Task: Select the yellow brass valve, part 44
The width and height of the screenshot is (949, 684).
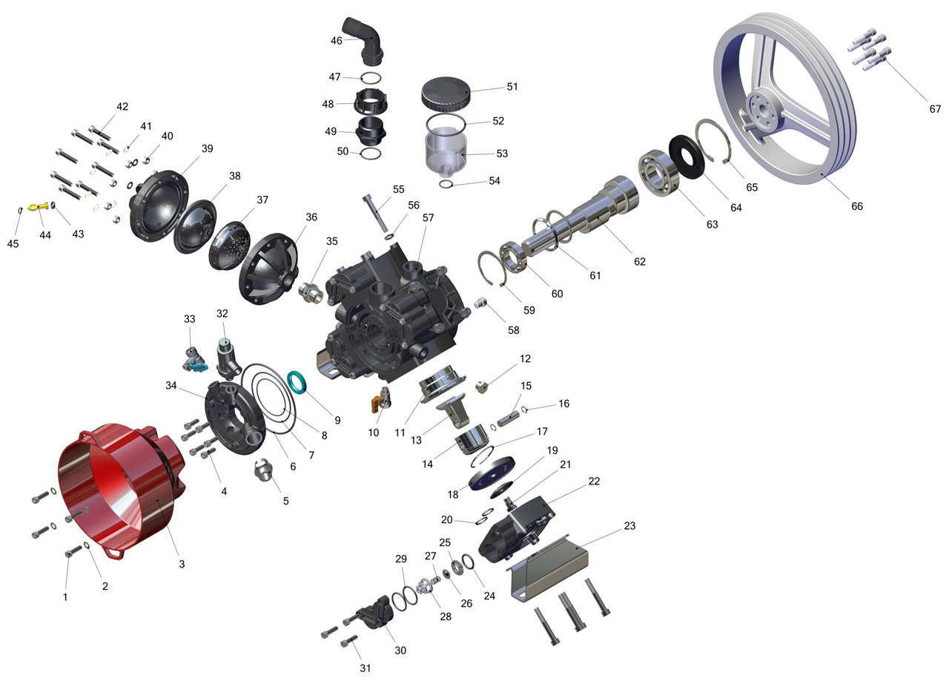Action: pos(39,207)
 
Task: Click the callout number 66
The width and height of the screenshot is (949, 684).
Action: pos(856,206)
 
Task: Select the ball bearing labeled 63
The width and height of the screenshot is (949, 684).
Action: pos(659,174)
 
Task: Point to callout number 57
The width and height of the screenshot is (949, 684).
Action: pos(428,218)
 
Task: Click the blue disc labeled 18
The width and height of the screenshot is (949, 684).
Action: pos(492,473)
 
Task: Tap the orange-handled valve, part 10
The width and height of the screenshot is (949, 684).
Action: pos(381,398)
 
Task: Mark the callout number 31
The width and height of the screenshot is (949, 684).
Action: pos(366,668)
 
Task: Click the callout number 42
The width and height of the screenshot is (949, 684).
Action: pos(122,106)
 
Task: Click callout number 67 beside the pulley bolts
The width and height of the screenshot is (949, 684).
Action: pos(935,109)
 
